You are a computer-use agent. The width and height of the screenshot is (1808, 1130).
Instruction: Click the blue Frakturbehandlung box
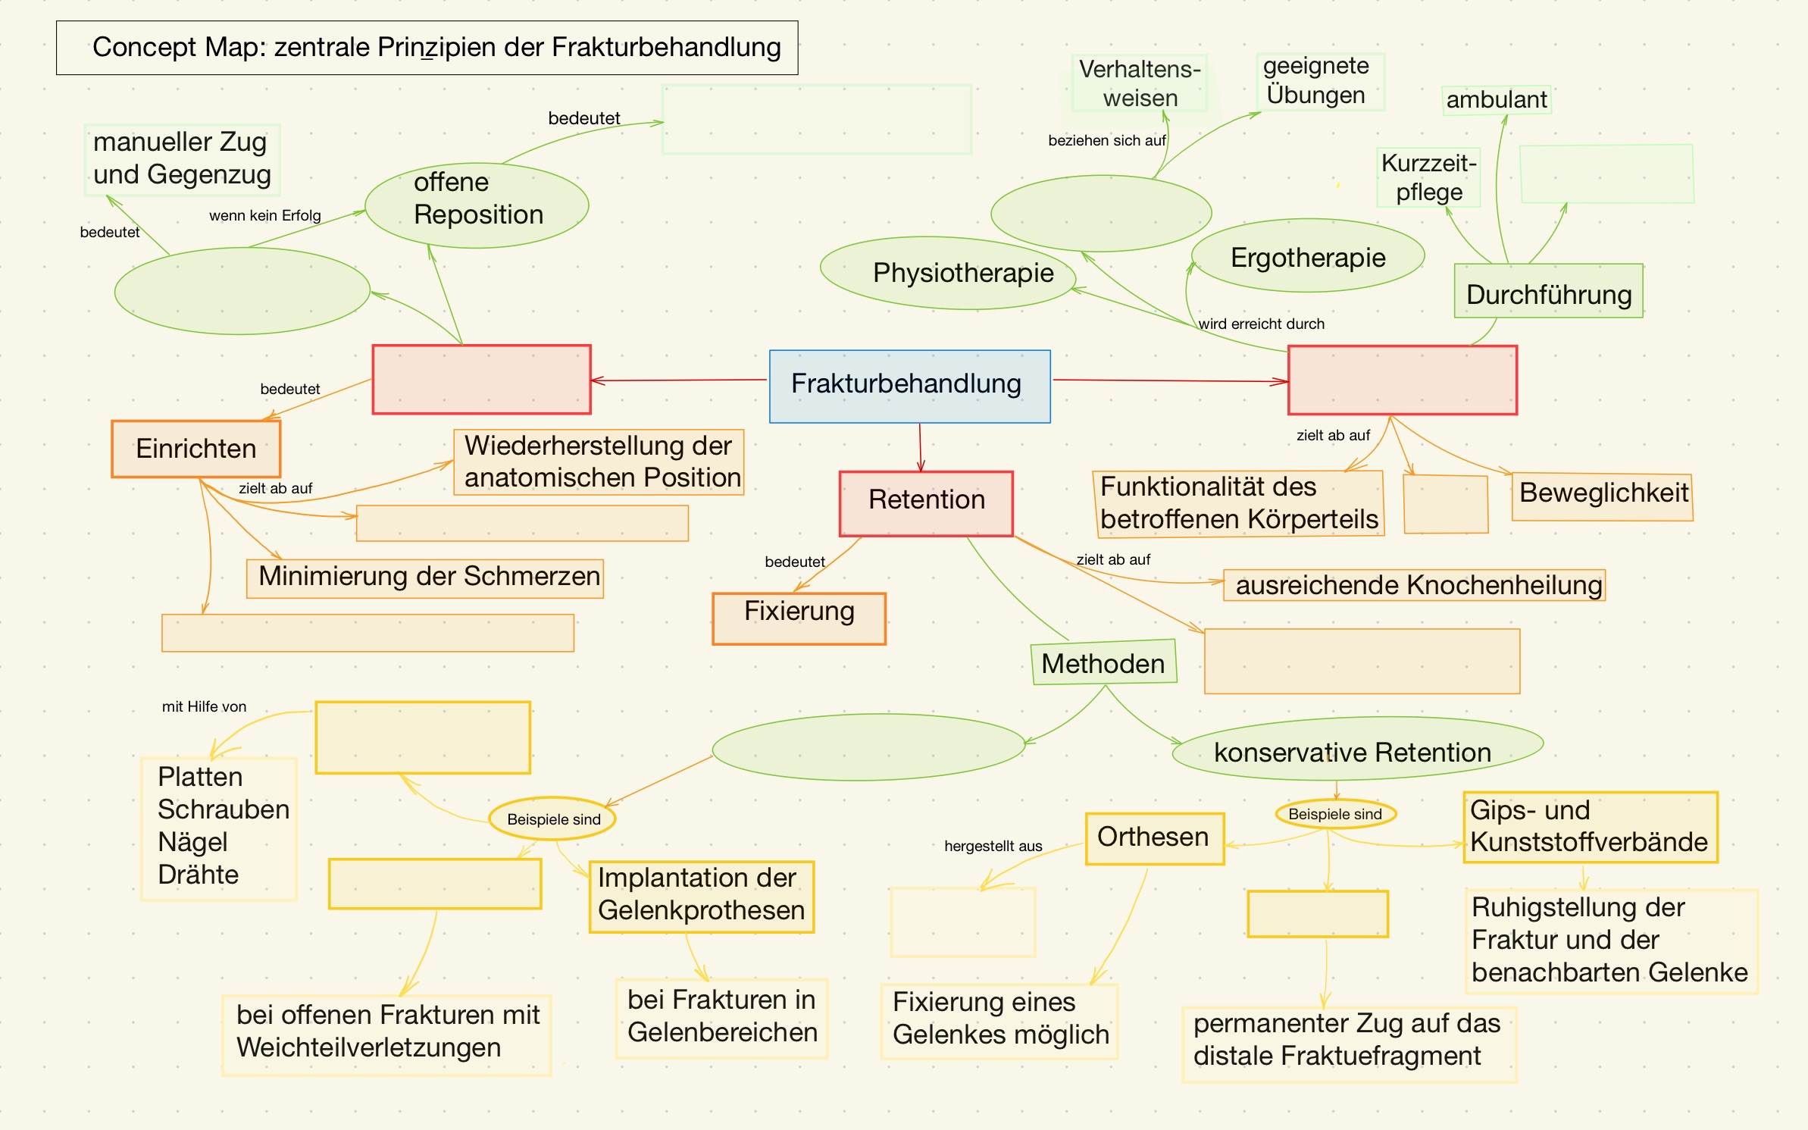click(909, 386)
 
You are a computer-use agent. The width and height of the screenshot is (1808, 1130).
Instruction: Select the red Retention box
click(926, 503)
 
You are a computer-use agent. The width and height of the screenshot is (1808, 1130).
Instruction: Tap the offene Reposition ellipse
click(477, 205)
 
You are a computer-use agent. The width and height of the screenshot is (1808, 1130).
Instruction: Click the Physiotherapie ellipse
click(948, 273)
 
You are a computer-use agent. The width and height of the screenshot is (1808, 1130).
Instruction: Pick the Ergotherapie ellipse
click(1308, 256)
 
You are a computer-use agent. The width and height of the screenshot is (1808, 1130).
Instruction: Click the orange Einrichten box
click(196, 449)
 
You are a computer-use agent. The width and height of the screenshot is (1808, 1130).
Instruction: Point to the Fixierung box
click(799, 618)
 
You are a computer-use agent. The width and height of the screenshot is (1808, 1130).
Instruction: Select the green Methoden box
click(1103, 662)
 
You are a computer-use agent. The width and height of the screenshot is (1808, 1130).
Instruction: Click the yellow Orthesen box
click(1154, 837)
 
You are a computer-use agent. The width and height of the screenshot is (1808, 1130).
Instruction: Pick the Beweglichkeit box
click(1603, 496)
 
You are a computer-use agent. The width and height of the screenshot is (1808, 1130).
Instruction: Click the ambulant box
click(1496, 99)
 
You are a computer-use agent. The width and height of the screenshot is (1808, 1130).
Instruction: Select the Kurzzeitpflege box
click(1428, 177)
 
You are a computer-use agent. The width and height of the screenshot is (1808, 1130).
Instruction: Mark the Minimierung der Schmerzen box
click(425, 578)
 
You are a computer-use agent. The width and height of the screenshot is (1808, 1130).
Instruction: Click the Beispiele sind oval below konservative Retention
click(1335, 814)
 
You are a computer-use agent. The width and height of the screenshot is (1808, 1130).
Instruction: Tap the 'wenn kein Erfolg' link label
click(264, 216)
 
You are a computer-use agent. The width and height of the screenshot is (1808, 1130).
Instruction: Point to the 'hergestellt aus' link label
click(993, 846)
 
